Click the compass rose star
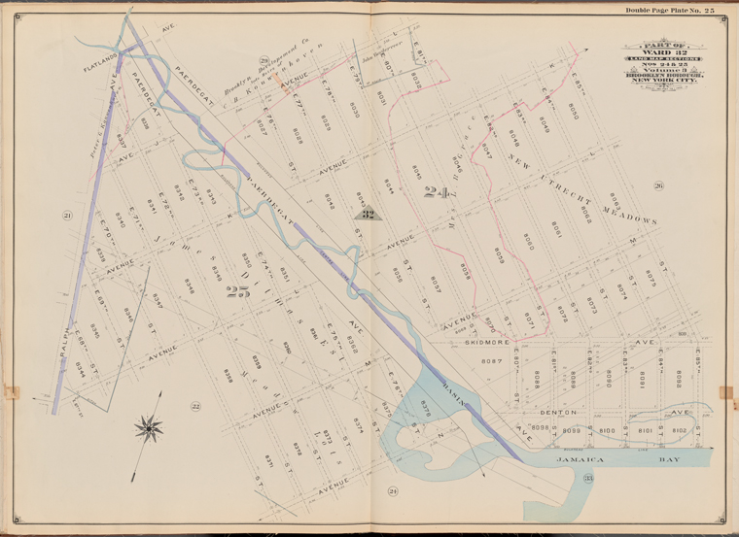click(149, 425)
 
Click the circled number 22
click(194, 406)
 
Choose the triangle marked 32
click(367, 214)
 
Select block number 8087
click(493, 361)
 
